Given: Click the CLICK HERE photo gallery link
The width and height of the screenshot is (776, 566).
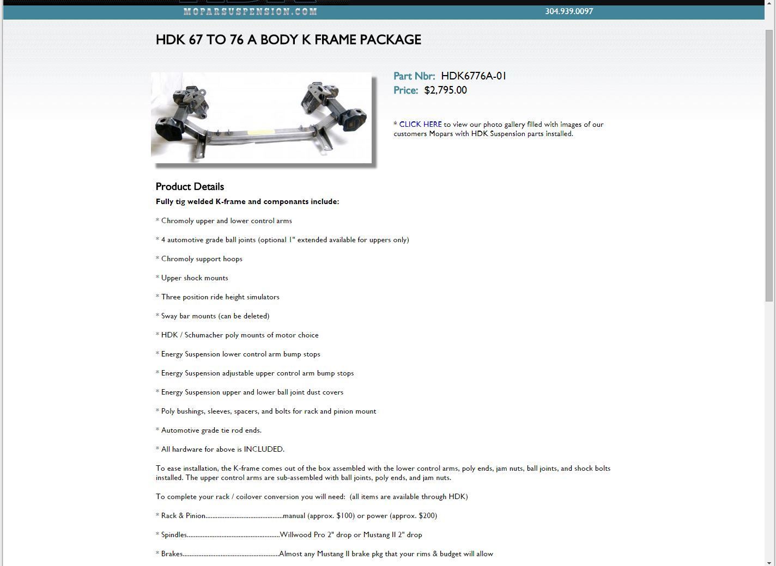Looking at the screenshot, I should point(420,125).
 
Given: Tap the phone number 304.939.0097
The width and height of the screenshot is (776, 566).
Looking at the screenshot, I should point(569,11).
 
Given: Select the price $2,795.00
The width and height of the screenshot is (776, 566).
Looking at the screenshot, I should point(445,90).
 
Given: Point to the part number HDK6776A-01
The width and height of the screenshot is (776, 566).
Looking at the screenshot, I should point(474,76).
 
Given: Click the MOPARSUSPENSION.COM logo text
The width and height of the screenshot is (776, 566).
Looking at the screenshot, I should point(250,11).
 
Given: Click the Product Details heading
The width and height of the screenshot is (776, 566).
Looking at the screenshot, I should point(190,187).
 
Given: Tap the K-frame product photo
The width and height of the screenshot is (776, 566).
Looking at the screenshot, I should point(261,118).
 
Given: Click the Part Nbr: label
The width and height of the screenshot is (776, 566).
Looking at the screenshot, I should point(414,76).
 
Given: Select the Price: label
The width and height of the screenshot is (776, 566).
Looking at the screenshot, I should point(405,90).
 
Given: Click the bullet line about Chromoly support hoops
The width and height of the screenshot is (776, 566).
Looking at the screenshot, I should point(202,259).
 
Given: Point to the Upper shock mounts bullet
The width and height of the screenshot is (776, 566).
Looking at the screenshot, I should point(195,278).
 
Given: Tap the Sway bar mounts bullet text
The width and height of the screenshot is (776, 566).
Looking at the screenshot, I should point(215,316).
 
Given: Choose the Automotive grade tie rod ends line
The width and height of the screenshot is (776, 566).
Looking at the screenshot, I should point(211,430).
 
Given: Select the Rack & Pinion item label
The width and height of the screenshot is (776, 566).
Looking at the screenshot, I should point(183,516).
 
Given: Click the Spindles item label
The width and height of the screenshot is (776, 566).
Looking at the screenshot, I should point(174,535).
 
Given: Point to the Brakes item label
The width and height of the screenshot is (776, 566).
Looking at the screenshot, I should point(172,554).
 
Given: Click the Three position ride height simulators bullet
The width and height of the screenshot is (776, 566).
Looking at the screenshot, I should point(220,297).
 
